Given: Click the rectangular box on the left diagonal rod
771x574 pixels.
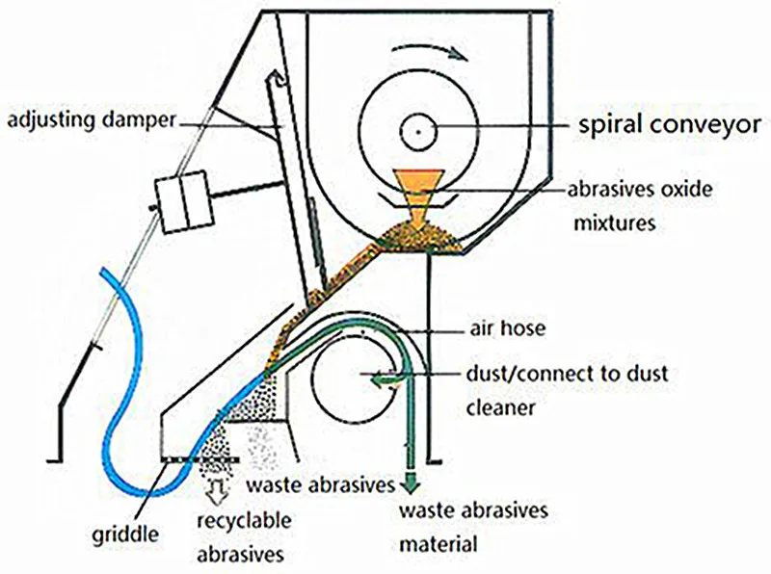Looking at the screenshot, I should pyautogui.click(x=186, y=202).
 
